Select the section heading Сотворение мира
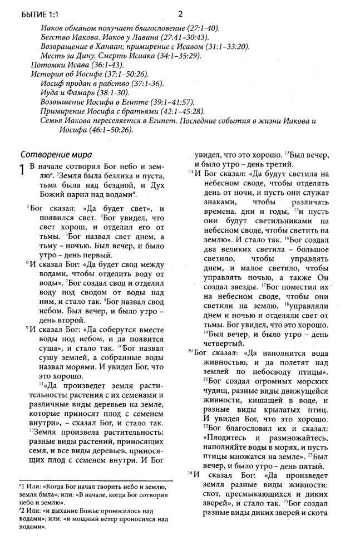coord(56,154)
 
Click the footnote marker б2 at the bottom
coord(21,509)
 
